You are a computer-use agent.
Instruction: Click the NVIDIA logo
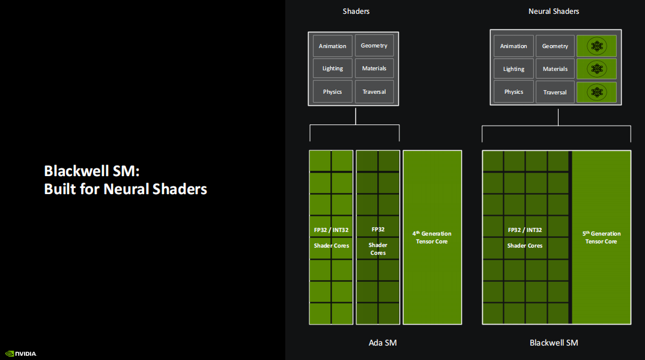(x=20, y=353)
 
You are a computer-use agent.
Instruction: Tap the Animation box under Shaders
(x=333, y=46)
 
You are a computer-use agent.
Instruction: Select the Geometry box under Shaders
(x=374, y=46)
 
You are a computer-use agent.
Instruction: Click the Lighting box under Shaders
(x=333, y=69)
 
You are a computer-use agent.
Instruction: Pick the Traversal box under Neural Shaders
(x=555, y=92)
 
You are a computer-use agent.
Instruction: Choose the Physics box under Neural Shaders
(x=513, y=92)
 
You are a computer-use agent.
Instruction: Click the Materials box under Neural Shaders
(x=555, y=69)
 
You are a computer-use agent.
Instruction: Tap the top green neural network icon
(x=596, y=46)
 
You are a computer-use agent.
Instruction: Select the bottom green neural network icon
(x=596, y=92)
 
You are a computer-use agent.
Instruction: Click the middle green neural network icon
(x=596, y=69)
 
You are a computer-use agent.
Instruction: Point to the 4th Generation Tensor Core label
(x=432, y=237)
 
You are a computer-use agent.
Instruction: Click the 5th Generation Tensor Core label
(x=601, y=237)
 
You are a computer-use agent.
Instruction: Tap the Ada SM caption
(x=383, y=343)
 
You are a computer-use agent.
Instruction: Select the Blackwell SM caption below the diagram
(x=554, y=343)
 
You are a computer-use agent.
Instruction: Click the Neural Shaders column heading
(x=554, y=11)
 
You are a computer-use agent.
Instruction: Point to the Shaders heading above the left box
(x=356, y=11)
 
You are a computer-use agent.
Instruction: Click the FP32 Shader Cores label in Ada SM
(x=378, y=241)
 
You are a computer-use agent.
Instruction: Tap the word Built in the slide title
(x=58, y=189)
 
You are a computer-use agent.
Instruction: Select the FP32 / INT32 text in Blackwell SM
(x=525, y=230)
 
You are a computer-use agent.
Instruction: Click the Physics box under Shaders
(x=333, y=92)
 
